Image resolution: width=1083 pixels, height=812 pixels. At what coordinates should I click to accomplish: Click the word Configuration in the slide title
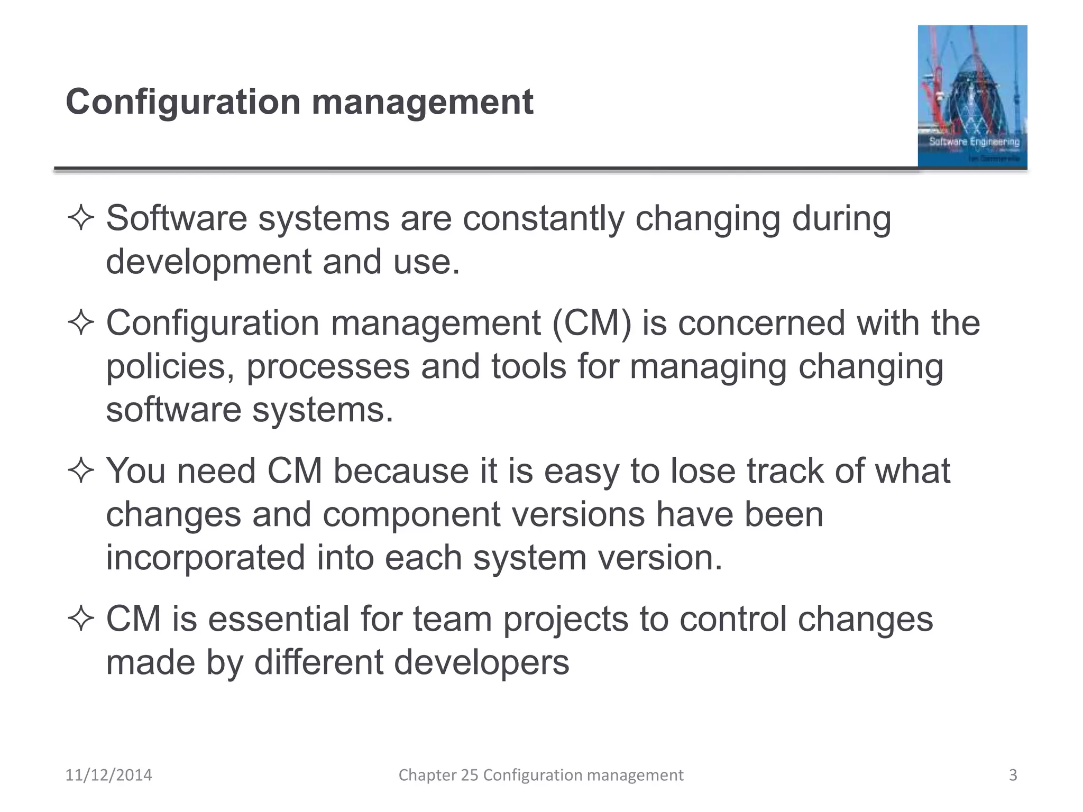coord(183,102)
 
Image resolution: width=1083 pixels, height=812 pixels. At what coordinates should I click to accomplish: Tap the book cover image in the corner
coord(972,97)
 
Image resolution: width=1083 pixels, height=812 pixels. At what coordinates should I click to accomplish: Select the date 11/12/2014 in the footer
coord(108,775)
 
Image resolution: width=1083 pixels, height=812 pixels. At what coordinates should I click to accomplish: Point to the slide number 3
coord(1013,775)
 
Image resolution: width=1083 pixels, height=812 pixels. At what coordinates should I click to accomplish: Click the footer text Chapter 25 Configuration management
coord(540,775)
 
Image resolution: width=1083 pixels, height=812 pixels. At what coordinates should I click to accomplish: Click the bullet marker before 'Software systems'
coord(81,218)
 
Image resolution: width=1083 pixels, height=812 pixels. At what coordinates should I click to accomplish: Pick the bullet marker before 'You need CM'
coord(81,470)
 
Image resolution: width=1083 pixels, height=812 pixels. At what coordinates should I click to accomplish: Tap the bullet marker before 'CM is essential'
coord(81,619)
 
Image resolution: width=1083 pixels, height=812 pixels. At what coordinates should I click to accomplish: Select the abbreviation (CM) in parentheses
coord(592,323)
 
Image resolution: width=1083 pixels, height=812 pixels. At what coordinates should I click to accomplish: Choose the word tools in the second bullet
coord(528,366)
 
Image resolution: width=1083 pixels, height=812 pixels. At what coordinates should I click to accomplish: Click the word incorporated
coord(206,558)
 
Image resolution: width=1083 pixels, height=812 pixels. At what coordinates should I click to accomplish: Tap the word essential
coord(279,619)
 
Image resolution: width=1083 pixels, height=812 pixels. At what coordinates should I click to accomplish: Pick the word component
coord(411,514)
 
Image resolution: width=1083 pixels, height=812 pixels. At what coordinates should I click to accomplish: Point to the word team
coord(452,619)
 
